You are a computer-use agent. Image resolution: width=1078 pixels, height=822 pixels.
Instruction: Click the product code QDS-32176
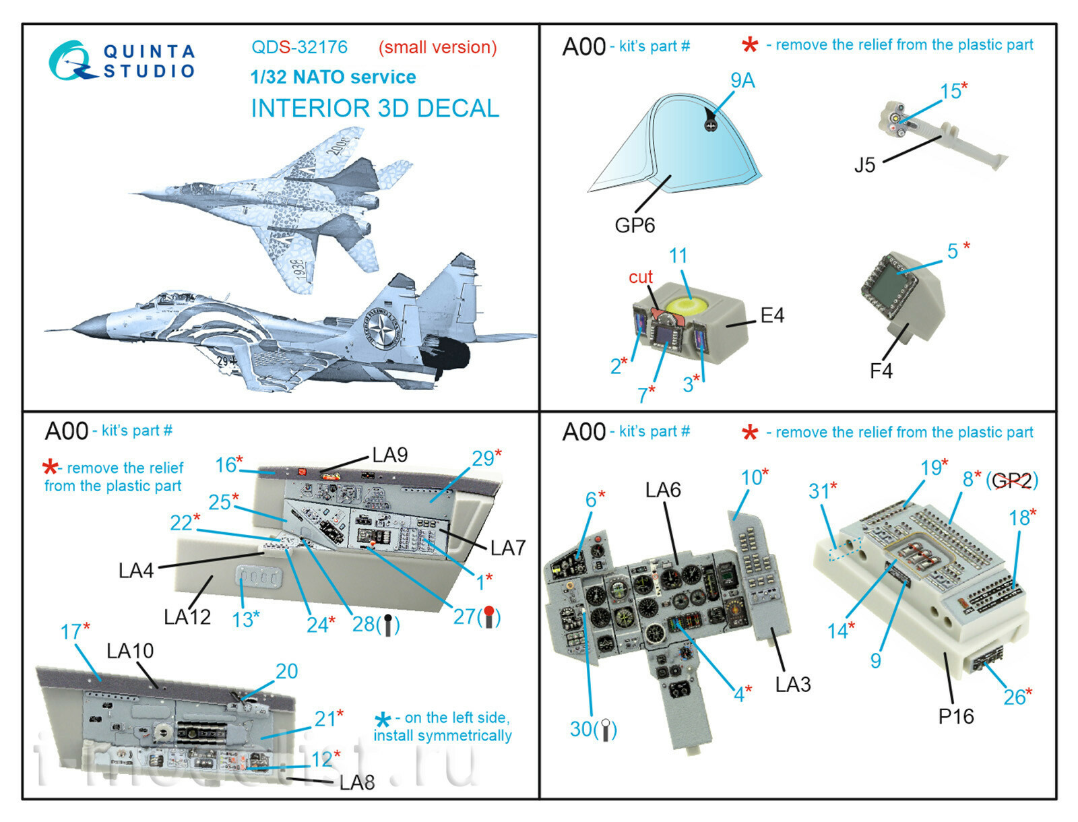pyautogui.click(x=299, y=47)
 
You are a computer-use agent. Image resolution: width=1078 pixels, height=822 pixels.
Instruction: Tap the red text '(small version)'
pyautogui.click(x=437, y=48)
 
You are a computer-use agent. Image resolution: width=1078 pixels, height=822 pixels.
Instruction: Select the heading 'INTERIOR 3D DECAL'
pyautogui.click(x=375, y=108)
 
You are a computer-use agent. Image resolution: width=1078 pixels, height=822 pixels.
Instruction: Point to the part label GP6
pyautogui.click(x=634, y=225)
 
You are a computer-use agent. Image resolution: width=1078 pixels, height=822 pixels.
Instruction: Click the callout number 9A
pyautogui.click(x=742, y=81)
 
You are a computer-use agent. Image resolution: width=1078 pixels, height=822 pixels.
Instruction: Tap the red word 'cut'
pyautogui.click(x=640, y=277)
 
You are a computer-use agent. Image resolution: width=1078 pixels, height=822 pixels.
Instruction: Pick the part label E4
pyautogui.click(x=771, y=315)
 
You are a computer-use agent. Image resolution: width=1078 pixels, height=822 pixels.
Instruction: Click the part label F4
pyautogui.click(x=881, y=371)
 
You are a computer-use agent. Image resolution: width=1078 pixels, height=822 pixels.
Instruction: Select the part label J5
pyautogui.click(x=864, y=165)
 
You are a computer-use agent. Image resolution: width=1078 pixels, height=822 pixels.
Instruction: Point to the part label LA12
pyautogui.click(x=187, y=616)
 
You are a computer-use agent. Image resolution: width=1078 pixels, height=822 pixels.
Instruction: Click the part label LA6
pyautogui.click(x=663, y=490)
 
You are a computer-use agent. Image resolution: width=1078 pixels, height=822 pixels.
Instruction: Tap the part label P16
pyautogui.click(x=955, y=716)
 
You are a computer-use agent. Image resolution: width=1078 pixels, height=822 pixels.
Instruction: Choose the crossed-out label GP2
pyautogui.click(x=1012, y=480)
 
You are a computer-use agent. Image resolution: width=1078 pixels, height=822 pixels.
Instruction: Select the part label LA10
pyautogui.click(x=130, y=651)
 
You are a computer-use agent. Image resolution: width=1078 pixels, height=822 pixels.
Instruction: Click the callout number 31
pyautogui.click(x=819, y=491)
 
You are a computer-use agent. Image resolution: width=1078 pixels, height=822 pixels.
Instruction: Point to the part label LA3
pyautogui.click(x=792, y=685)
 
